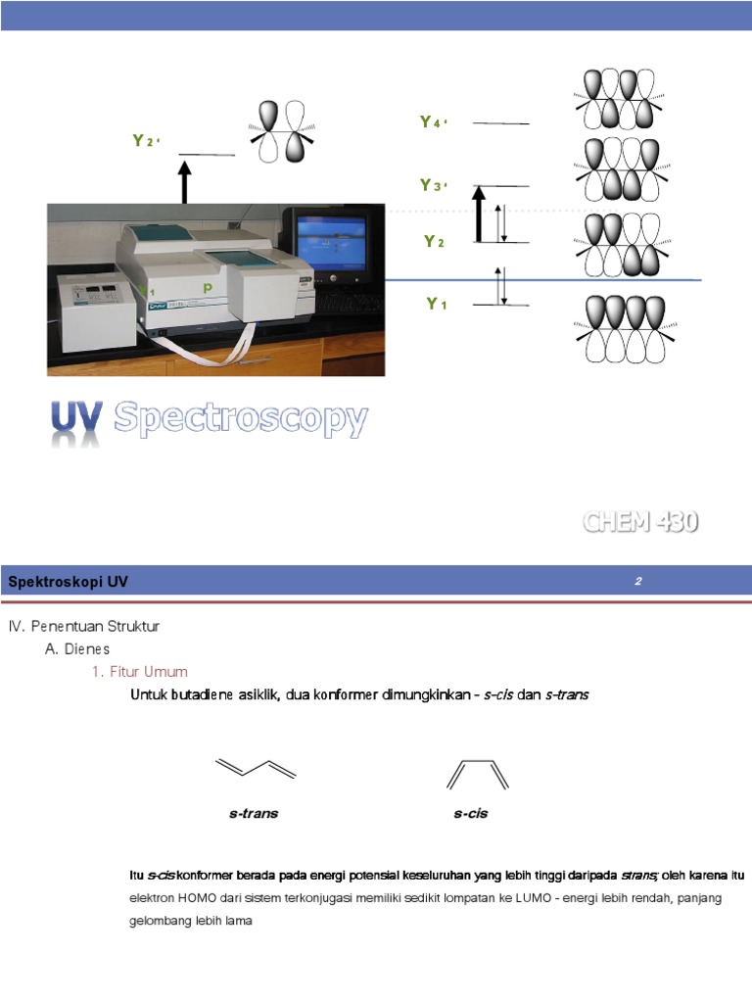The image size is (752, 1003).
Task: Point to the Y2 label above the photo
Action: [x=145, y=141]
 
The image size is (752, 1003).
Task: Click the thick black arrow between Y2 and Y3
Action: [x=479, y=215]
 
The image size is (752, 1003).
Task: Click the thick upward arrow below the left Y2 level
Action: [x=184, y=183]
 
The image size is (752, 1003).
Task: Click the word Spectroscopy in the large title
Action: [x=241, y=419]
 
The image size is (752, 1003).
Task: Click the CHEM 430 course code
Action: [x=641, y=522]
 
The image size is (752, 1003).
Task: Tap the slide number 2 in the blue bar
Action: [x=637, y=582]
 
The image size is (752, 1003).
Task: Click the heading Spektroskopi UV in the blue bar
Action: [x=69, y=582]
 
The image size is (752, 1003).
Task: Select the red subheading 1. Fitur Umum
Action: [x=139, y=672]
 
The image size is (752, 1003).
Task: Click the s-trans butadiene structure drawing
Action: [x=255, y=771]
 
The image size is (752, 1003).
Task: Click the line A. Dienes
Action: [x=77, y=648]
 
